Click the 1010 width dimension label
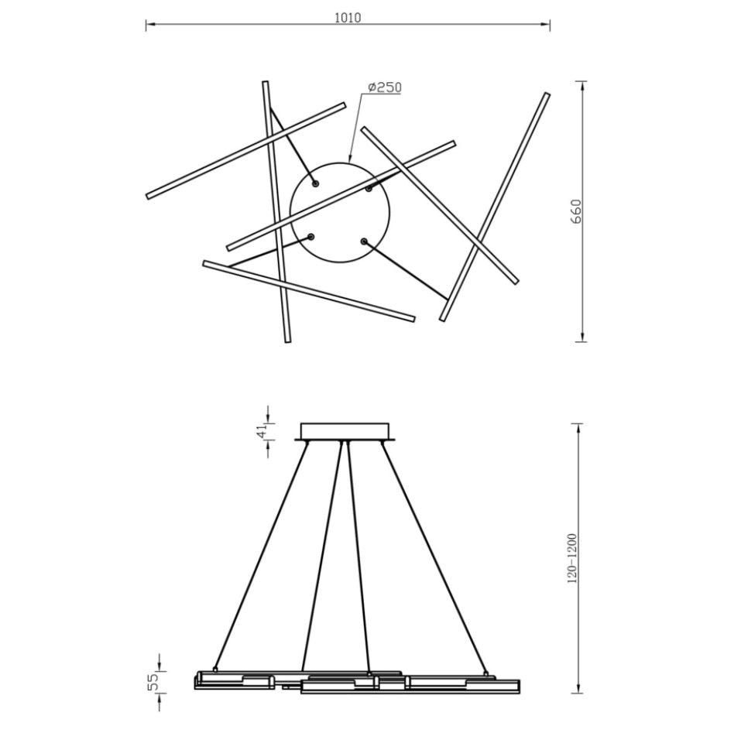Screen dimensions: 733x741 pos(348,17)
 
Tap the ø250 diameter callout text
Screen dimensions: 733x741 pos(385,87)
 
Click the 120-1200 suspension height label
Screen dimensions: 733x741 pos(572,558)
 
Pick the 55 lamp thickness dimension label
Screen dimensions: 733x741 pos(154,682)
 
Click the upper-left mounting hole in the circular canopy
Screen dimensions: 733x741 pos(315,183)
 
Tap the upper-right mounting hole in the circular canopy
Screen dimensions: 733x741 pos(369,188)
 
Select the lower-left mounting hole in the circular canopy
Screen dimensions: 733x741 pos(310,237)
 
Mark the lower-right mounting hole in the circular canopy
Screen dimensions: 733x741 pos(363,241)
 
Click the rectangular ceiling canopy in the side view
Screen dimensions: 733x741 pos(346,431)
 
